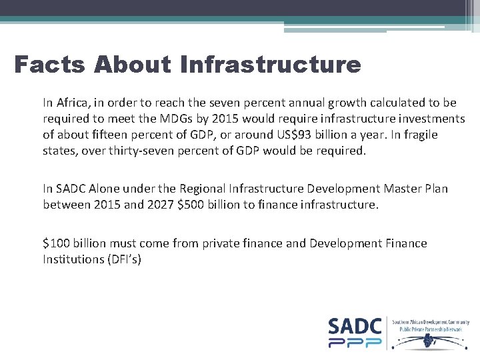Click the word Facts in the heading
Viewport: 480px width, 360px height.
[50, 65]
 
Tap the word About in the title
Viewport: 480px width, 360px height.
[133, 65]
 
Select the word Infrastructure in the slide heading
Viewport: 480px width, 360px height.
[270, 65]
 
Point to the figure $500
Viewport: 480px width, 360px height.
[191, 205]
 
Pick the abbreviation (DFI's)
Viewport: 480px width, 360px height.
[126, 259]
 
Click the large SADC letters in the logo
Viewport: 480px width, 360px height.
[355, 327]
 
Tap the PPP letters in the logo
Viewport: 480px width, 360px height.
[355, 342]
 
